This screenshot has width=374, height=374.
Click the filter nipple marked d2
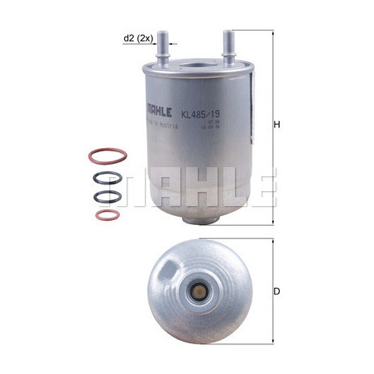click(x=164, y=46)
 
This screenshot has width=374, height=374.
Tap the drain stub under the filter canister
click(x=194, y=218)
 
